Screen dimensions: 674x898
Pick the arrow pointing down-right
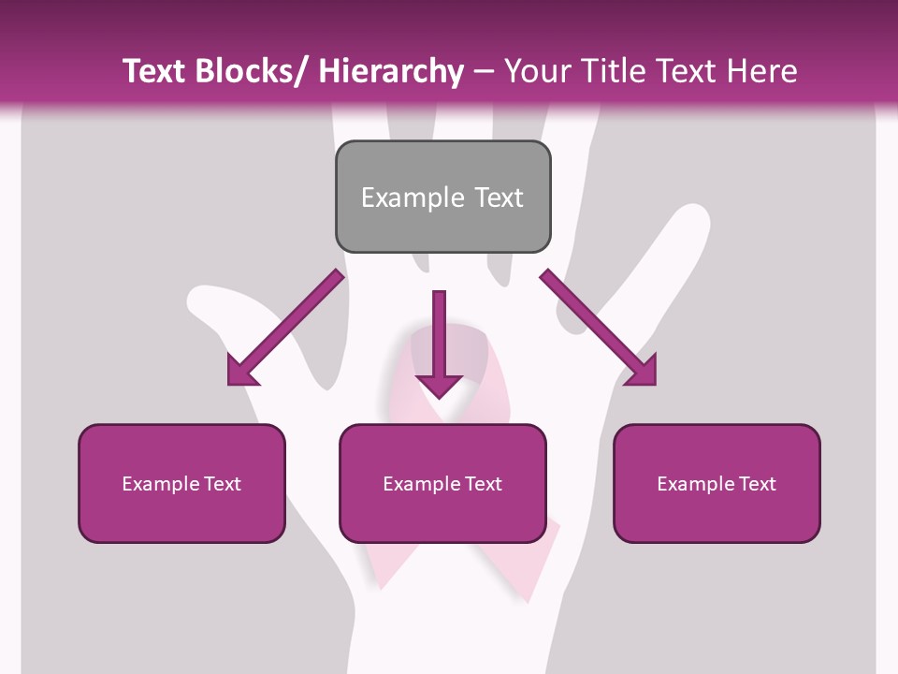pos(599,328)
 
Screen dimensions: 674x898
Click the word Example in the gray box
pos(413,198)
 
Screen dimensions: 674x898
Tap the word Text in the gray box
pos(499,198)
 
